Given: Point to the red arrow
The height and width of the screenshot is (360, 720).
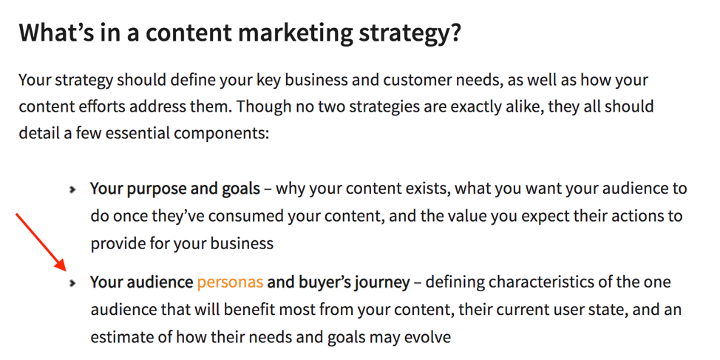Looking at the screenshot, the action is pyautogui.click(x=41, y=242).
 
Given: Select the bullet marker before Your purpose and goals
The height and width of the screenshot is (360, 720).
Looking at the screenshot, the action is pyautogui.click(x=72, y=189).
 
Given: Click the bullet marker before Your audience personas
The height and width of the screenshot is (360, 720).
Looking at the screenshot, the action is pyautogui.click(x=72, y=283).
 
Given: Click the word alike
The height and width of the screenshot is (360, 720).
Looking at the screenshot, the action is pyautogui.click(x=521, y=107).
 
